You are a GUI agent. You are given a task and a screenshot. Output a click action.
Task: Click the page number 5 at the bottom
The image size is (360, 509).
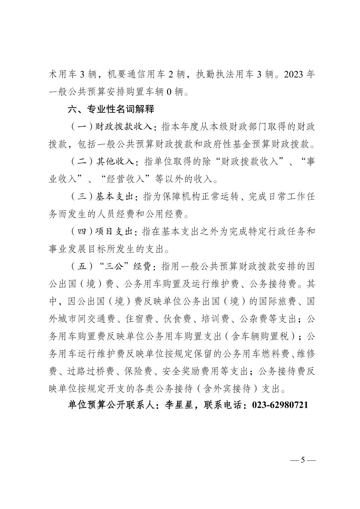coord(302,460)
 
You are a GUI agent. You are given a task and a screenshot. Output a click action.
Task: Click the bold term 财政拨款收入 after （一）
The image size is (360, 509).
coord(124,127)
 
